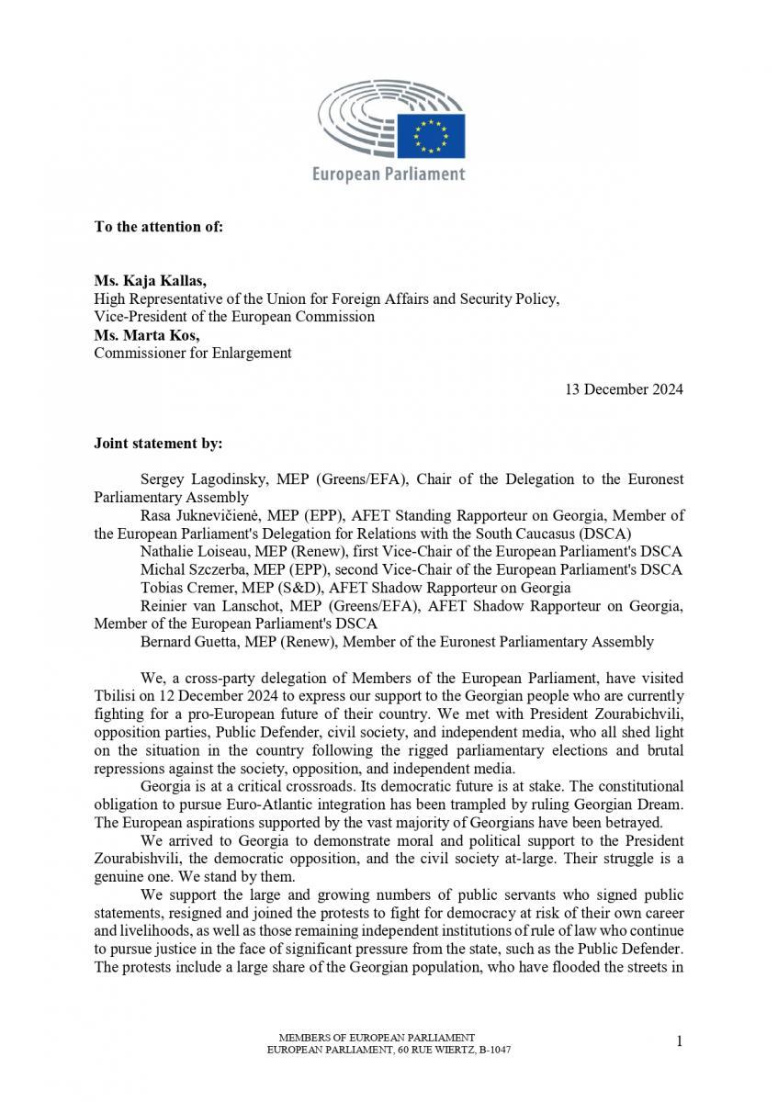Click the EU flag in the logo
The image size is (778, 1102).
pos(438,135)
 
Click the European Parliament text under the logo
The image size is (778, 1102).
pos(389,174)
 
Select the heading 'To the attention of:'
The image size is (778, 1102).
pos(158,226)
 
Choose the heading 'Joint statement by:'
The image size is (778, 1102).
pos(158,443)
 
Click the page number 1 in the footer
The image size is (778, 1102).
pos(679,1040)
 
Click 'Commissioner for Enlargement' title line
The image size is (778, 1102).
pos(193,353)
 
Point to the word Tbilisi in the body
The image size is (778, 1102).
pos(115,695)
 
